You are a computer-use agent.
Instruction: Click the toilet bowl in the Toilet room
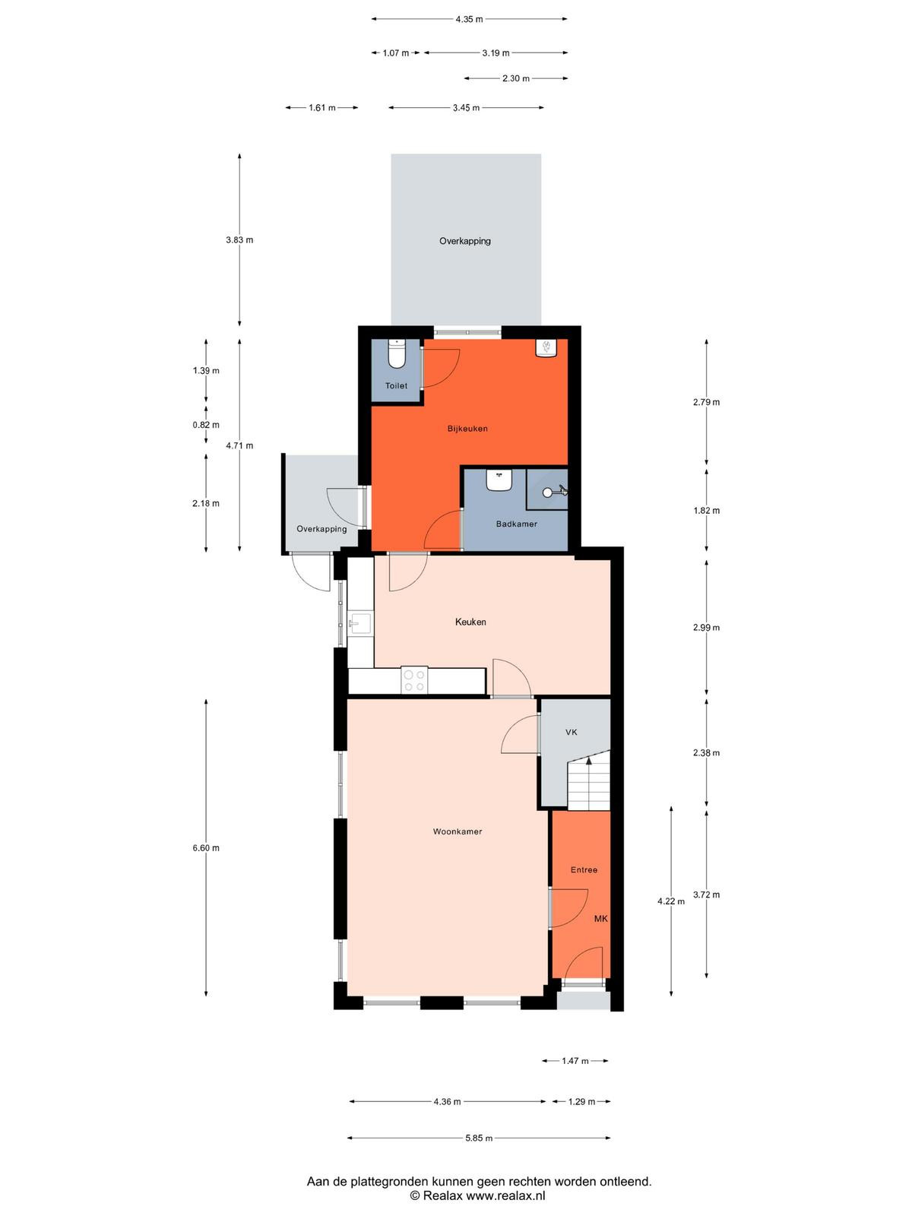coord(397,353)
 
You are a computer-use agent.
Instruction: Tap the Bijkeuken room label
coord(467,428)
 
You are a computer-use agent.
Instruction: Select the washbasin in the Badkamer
coord(499,480)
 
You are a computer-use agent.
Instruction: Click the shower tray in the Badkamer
coord(547,489)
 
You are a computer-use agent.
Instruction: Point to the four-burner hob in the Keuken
coord(414,680)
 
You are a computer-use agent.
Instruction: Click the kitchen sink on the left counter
coord(360,624)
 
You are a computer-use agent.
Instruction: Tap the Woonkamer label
coord(458,831)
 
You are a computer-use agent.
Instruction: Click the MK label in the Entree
coord(601,919)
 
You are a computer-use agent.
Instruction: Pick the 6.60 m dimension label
coord(206,847)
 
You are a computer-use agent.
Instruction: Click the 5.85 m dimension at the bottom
coord(479,1138)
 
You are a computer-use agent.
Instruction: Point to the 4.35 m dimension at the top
coord(469,19)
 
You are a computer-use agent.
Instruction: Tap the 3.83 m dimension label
coord(239,240)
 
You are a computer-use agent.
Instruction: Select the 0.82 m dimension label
coord(206,425)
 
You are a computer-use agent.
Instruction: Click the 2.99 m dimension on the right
coord(706,628)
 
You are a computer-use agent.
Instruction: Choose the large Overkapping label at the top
coord(465,241)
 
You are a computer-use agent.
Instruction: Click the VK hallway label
coord(572,732)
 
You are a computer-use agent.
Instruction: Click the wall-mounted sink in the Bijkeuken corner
coord(546,348)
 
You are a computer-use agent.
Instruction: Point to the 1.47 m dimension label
coord(575,1060)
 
